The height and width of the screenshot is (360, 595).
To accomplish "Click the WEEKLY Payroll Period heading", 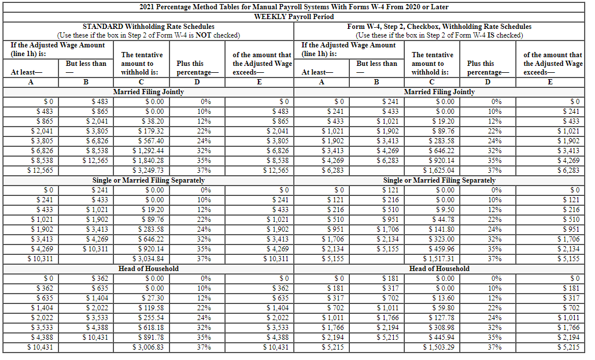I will point(294,16).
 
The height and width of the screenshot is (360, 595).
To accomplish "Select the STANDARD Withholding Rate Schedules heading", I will point(149,27).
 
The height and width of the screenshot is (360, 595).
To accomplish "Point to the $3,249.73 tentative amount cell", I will point(149,170).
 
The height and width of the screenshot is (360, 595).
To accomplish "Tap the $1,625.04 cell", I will point(439,170).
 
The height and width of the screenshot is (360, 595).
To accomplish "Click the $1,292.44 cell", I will point(149,150).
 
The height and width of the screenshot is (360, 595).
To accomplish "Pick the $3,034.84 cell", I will point(149,259).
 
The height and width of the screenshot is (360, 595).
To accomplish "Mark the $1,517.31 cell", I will point(439,259).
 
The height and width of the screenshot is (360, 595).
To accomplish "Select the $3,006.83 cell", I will point(149,347).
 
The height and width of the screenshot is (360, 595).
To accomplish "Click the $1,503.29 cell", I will point(439,347).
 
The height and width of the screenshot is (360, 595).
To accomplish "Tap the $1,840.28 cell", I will point(149,160).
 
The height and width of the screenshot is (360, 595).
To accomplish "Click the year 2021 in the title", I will point(149,7).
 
